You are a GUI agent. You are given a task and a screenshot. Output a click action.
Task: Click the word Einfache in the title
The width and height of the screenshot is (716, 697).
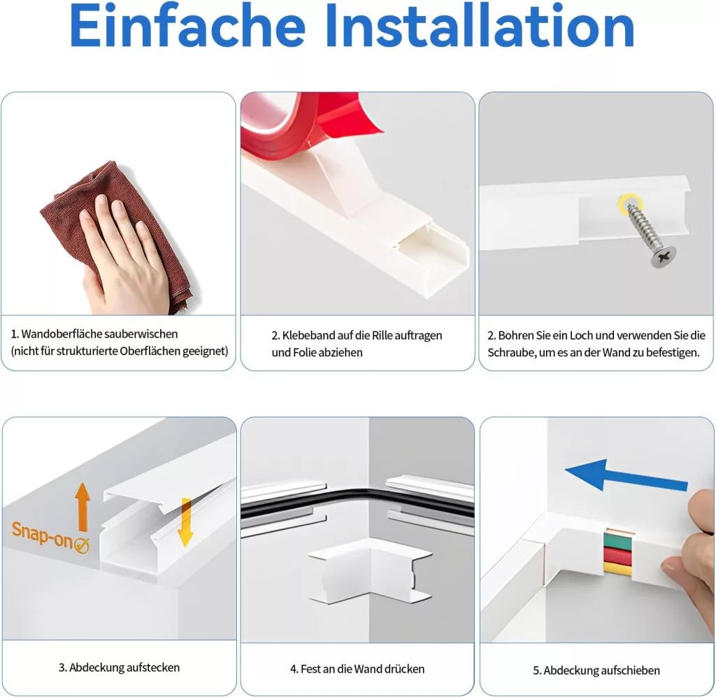187,26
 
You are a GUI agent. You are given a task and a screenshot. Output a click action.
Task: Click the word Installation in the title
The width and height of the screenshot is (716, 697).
480,26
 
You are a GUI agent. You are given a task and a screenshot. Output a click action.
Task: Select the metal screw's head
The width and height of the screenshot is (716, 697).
664,257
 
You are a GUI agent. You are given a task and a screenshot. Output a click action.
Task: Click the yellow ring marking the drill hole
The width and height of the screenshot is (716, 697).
630,203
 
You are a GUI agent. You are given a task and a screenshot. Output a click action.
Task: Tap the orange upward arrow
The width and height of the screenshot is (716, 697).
83,506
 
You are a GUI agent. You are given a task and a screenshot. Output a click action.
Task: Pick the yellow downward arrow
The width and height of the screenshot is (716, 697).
185,522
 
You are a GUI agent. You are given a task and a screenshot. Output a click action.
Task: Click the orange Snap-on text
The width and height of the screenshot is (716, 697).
42,535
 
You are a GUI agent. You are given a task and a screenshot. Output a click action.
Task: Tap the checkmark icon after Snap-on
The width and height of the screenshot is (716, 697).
81,545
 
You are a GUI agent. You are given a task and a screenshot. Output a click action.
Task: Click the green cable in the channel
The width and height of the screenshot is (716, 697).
618,540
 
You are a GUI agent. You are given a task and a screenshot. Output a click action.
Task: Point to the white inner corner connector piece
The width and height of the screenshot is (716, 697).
371,569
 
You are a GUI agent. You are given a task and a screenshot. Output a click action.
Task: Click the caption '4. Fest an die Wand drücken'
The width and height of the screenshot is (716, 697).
357,669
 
